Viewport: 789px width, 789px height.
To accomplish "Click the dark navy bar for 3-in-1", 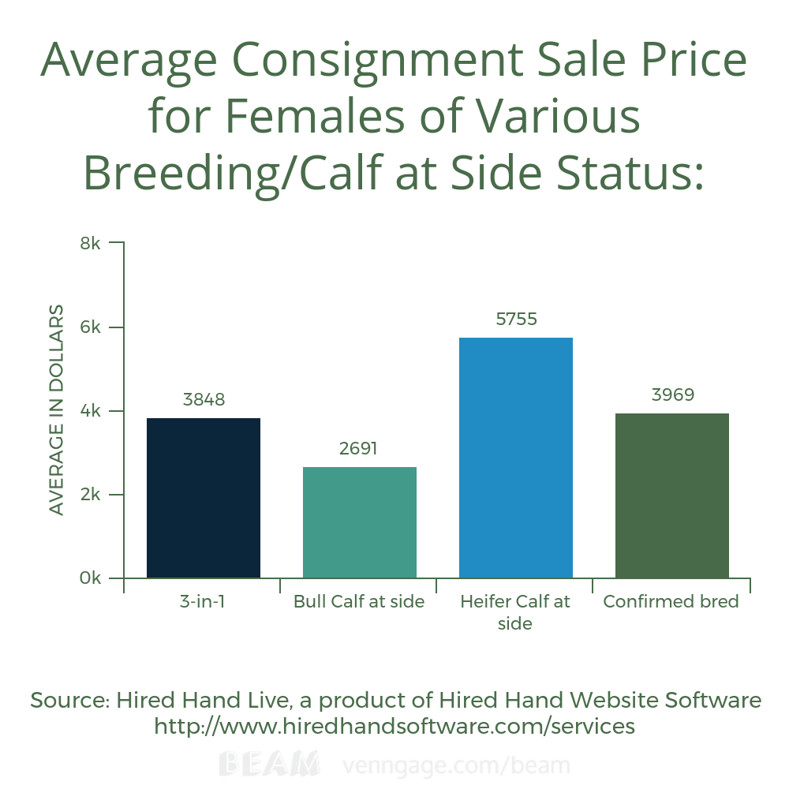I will tap(204, 498).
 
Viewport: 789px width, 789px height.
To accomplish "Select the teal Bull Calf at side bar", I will tap(360, 522).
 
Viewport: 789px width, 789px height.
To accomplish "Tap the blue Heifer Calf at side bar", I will tap(516, 458).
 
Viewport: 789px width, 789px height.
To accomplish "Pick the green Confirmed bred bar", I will tap(671, 495).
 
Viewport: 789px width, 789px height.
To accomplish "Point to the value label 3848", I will tap(204, 400).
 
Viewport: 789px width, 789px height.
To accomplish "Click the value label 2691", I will tap(359, 449).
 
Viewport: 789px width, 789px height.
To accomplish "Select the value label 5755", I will tap(516, 320).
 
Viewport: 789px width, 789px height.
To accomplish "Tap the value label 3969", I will tap(672, 394).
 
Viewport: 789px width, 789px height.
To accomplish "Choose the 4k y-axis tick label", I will tap(91, 411).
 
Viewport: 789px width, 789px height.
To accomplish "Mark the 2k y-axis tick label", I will tap(91, 495).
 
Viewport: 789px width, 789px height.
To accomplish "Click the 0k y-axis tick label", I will tap(91, 578).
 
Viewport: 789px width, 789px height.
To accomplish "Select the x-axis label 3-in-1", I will tap(203, 602).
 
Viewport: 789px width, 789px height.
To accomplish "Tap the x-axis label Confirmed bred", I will tap(671, 602).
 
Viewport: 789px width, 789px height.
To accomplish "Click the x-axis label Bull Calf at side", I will tap(359, 602).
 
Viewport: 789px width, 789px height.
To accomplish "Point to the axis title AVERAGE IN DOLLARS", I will tap(56, 409).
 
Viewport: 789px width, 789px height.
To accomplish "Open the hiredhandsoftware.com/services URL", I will tap(394, 726).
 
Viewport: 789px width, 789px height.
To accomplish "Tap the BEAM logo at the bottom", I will tap(269, 765).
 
